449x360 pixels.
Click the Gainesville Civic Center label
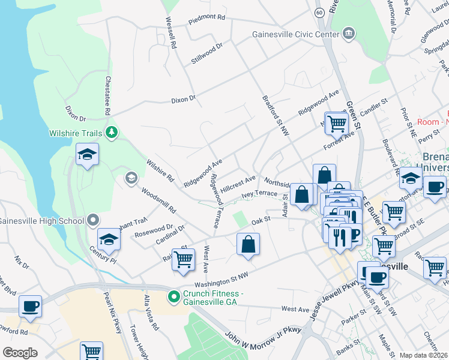coord(296,34)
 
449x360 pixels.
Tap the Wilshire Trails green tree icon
coord(111,132)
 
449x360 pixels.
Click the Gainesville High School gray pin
coord(93,221)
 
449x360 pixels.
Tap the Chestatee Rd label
coord(107,95)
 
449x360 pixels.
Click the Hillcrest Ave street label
coord(238,182)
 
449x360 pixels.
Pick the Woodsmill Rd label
coord(159,201)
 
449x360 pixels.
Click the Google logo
coord(20,353)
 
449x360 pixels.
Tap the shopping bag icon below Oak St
coord(249,244)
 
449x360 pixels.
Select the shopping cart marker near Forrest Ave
coord(337,123)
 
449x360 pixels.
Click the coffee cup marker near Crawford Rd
coord(30,307)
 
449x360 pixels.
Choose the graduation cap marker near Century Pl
coord(109,239)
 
